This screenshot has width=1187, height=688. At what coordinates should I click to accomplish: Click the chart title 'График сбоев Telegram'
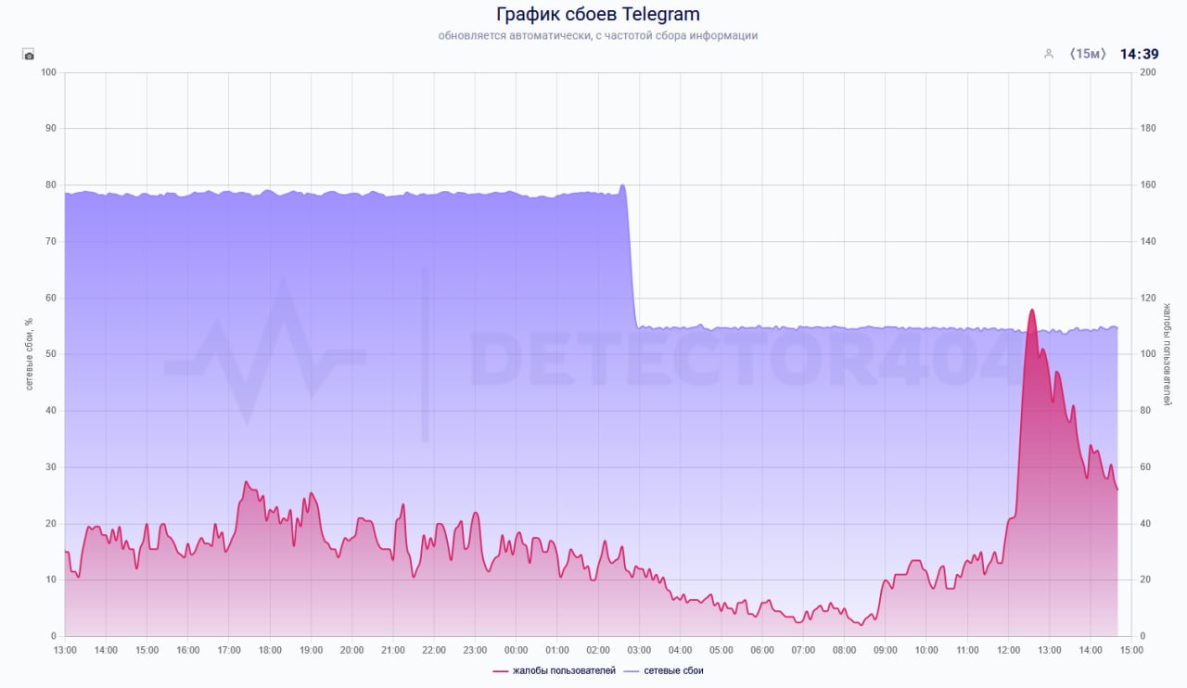coord(597,14)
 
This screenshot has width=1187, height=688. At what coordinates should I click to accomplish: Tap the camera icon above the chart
coord(29,55)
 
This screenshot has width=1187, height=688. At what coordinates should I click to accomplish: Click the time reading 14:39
coord(1139,54)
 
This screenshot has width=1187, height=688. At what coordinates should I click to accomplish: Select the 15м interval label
coord(1088,54)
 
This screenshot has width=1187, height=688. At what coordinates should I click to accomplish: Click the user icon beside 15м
coord(1049,54)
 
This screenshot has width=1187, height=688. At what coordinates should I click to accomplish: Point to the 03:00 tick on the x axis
coord(639,650)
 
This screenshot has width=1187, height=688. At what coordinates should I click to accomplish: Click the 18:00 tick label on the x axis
coord(270,650)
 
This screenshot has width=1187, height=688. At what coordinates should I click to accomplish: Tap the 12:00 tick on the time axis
coord(1008,650)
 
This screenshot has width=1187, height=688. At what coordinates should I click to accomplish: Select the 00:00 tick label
coord(516,650)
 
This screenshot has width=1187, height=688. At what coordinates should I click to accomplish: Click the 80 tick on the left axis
coord(50,185)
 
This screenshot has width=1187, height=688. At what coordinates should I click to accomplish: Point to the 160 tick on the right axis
coord(1147,185)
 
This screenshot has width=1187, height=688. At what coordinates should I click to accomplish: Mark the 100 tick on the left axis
coord(48,72)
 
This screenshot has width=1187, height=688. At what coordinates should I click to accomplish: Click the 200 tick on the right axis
coord(1147,72)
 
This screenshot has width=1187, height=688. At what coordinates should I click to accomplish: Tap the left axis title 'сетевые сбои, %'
coord(30,353)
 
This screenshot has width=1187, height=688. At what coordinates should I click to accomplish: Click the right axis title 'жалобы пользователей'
coord(1168,353)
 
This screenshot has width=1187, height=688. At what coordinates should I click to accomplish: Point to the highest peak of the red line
coord(1031,311)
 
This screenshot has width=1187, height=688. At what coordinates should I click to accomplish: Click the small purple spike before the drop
coord(621,185)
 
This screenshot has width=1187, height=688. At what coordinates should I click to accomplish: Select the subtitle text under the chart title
coord(597,36)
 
